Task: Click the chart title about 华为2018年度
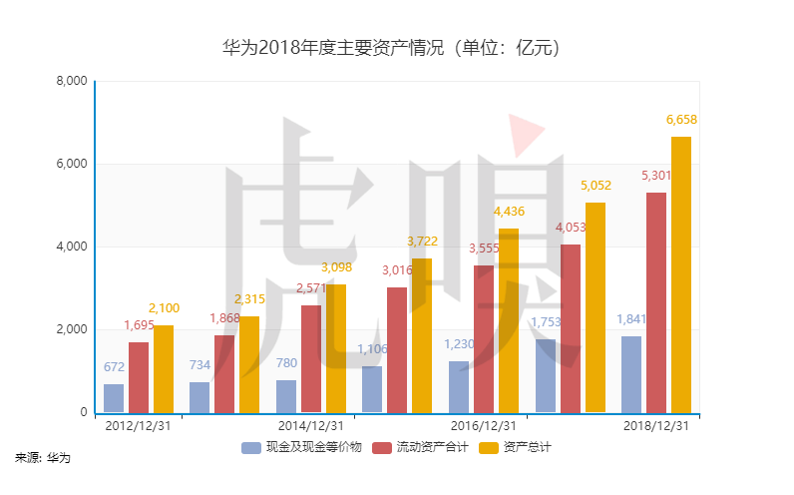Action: coord(396,47)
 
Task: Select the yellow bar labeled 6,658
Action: coord(681,274)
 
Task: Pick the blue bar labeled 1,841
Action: coord(630,374)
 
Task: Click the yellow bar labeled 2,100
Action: coord(164,369)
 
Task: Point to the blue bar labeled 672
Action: coord(114,398)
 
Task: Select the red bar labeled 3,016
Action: coord(397,349)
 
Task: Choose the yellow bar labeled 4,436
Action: coord(509,320)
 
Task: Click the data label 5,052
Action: coord(595,185)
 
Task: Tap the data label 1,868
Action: coord(224,317)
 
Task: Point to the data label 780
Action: coord(286,362)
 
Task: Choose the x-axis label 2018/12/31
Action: coord(656,425)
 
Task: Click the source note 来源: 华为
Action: coord(43,458)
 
